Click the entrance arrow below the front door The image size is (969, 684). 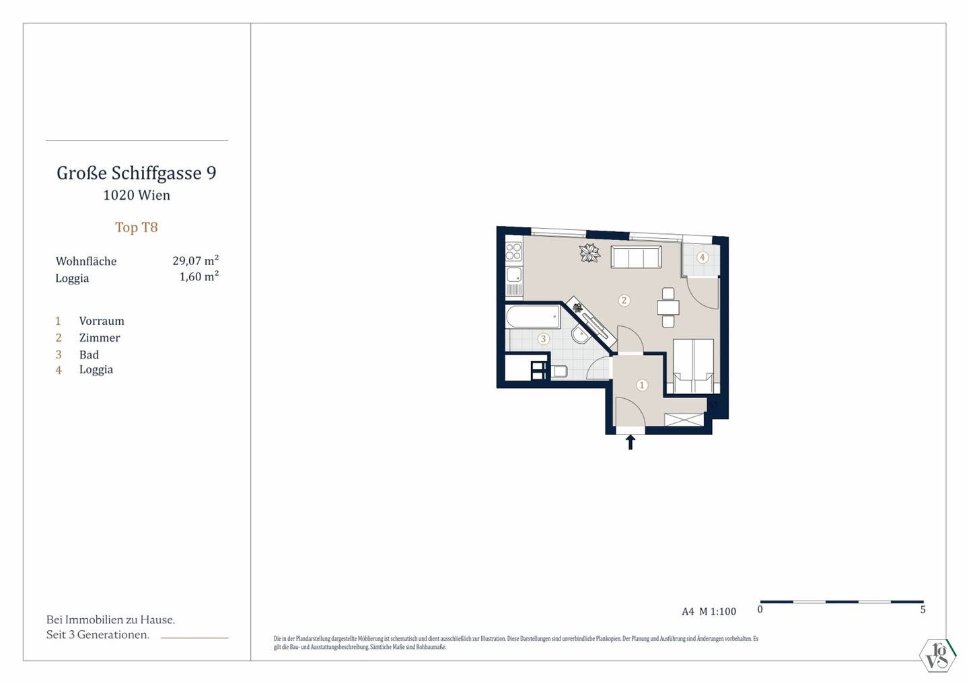(631, 442)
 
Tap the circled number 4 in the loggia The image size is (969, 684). (702, 257)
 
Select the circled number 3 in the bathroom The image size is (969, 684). (543, 338)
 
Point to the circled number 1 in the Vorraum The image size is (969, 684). (642, 385)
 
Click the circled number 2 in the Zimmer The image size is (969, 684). (624, 300)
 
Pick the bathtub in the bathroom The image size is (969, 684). (532, 317)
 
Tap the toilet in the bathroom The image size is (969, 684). (559, 371)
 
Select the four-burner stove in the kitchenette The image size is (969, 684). (514, 252)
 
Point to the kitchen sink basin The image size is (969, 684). (514, 274)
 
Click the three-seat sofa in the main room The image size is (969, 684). (636, 257)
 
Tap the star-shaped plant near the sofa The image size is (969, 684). (589, 252)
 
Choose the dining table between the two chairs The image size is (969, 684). (668, 308)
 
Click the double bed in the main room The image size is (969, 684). (693, 366)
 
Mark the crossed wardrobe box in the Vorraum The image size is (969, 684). (684, 420)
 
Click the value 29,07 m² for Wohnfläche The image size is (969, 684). (196, 260)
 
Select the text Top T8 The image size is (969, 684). (136, 227)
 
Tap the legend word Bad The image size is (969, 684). (89, 354)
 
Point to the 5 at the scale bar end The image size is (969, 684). (923, 609)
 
